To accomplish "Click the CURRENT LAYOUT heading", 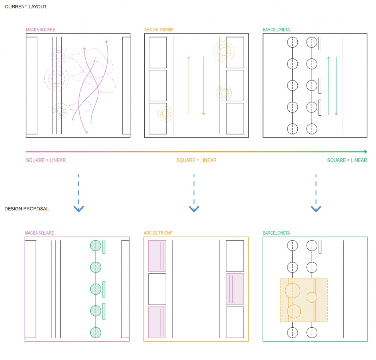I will point(26,7).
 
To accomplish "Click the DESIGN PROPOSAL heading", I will point(27,209).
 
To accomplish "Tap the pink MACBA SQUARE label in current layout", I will point(41,29).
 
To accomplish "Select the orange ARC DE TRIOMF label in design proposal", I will point(158,233).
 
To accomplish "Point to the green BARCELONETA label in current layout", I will point(276,29).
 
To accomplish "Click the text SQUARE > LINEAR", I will point(46,160).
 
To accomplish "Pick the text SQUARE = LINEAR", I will point(196,160).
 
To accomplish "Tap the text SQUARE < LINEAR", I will point(347,160).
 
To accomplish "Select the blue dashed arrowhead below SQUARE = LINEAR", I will point(194,209).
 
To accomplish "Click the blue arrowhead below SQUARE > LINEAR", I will point(79,209).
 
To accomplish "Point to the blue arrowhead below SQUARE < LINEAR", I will point(316,209).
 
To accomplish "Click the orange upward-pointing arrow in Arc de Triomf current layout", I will point(189,84).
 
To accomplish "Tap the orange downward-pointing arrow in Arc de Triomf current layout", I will point(203,86).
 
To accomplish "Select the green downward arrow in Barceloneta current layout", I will point(336,86).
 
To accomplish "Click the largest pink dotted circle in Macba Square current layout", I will point(57,78).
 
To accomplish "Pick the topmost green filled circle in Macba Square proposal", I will point(95,245).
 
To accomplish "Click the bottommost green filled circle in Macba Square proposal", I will point(95,332).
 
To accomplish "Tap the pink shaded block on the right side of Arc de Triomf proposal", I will point(235,289).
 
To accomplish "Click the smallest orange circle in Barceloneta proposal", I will point(312,297).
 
